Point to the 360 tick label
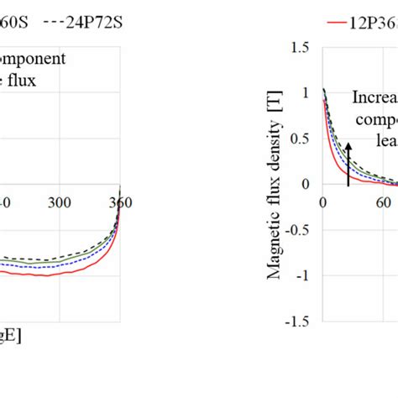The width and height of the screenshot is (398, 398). (120, 202)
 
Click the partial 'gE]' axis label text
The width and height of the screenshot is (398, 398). (11, 335)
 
